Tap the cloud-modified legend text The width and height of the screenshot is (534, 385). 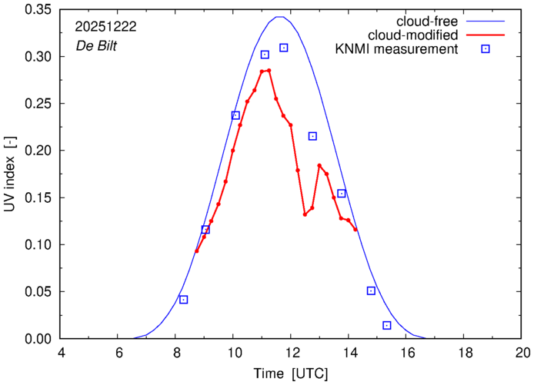pos(413,35)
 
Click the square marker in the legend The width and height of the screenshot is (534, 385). pos(486,49)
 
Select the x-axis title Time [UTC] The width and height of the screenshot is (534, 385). pos(292,373)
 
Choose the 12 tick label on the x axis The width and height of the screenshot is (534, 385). pos(292,353)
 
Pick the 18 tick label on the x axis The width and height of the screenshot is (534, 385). pos(465,353)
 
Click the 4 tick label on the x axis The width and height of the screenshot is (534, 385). pos(61,353)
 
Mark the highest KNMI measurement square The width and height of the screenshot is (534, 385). pos(283,48)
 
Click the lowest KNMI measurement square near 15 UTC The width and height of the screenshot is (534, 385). pos(386,326)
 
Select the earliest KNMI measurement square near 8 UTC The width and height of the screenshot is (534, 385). pos(183,300)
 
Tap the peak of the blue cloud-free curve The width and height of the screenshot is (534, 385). pos(281,17)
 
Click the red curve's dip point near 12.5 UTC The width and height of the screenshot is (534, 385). pos(305,214)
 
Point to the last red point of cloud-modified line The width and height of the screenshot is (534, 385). pos(355,229)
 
